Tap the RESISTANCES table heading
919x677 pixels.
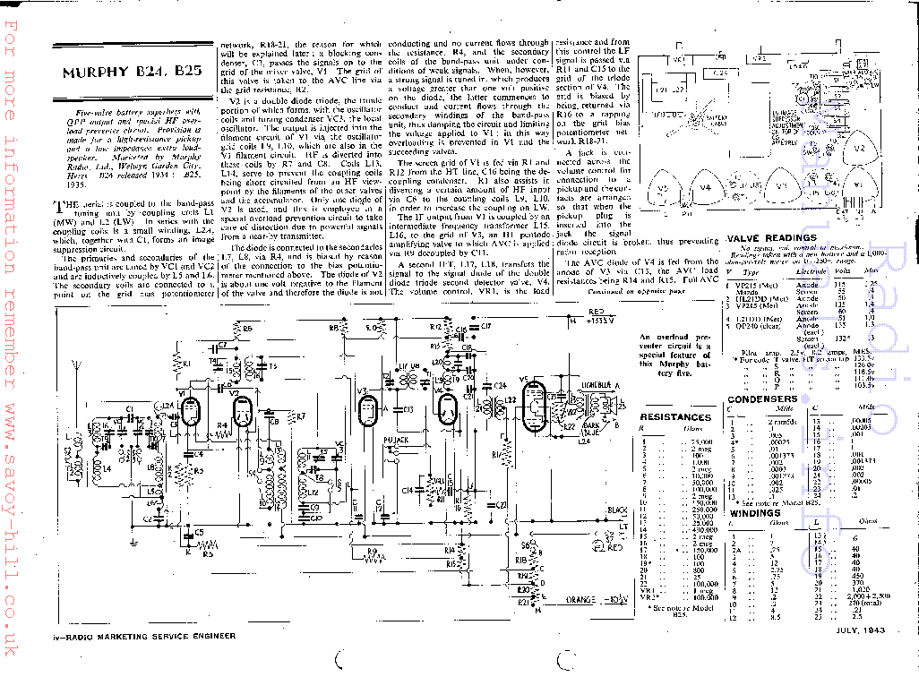675,417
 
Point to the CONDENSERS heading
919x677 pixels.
762,399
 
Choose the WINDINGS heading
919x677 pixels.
753,513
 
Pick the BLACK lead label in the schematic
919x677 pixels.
615,510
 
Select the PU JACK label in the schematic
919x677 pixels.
395,441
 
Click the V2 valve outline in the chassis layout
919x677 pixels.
857,148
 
